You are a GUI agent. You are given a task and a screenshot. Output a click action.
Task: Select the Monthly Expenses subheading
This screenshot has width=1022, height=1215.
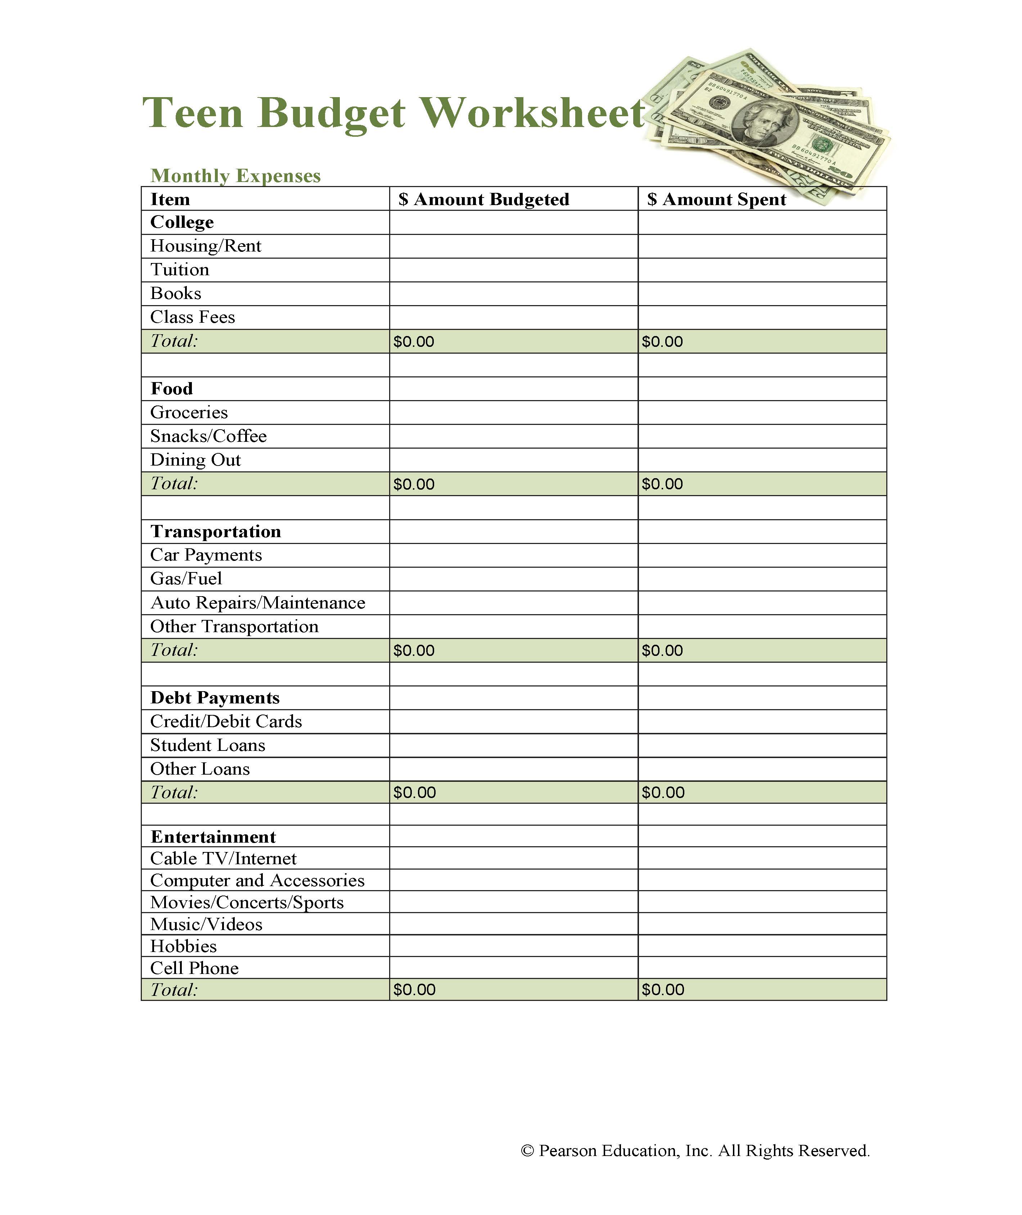click(235, 176)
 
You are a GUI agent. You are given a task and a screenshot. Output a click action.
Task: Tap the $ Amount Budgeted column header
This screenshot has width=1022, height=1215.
click(484, 199)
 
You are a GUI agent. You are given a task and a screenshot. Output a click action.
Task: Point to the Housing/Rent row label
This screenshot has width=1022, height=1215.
click(206, 246)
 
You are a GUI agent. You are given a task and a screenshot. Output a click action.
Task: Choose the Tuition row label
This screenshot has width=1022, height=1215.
click(180, 270)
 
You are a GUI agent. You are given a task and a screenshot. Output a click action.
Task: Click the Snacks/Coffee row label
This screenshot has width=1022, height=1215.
click(208, 436)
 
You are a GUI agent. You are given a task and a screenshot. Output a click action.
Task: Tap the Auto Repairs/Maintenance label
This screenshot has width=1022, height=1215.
click(258, 603)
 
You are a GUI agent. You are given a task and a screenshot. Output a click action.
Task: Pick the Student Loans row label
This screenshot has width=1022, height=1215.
click(207, 745)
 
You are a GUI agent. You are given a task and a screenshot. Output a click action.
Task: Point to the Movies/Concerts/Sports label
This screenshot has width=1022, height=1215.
click(247, 903)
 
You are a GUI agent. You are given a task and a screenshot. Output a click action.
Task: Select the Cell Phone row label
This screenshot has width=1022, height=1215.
click(194, 968)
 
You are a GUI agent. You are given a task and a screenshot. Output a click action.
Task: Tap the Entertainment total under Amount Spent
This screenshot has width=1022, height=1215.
click(663, 990)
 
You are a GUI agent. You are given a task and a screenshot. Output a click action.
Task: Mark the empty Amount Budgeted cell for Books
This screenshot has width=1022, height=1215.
click(513, 294)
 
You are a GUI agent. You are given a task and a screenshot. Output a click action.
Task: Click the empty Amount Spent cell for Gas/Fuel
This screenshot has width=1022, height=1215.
click(762, 579)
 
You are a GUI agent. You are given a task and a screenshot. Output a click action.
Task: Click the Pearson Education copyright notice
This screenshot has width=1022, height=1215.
click(695, 1151)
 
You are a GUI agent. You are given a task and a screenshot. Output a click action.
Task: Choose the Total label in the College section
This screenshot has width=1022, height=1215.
click(174, 341)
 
